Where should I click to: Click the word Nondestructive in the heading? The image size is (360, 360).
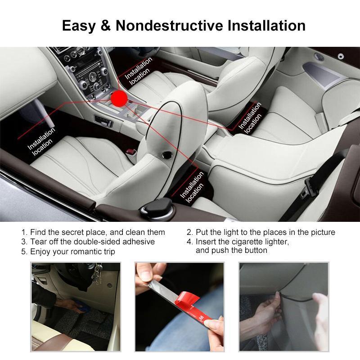click(169, 25)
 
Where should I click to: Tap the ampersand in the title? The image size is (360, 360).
click(105, 25)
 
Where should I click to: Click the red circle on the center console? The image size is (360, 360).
click(119, 98)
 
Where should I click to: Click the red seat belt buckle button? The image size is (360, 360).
click(131, 152)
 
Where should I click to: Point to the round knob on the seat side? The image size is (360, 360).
click(167, 155)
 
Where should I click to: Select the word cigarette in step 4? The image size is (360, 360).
click(247, 242)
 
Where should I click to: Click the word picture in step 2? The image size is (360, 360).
click(323, 232)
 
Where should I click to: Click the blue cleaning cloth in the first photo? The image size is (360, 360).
click(81, 306)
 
